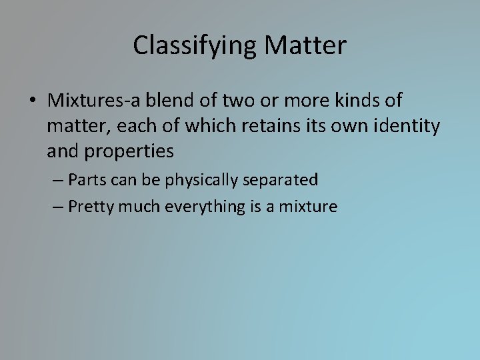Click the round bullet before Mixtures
32,101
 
